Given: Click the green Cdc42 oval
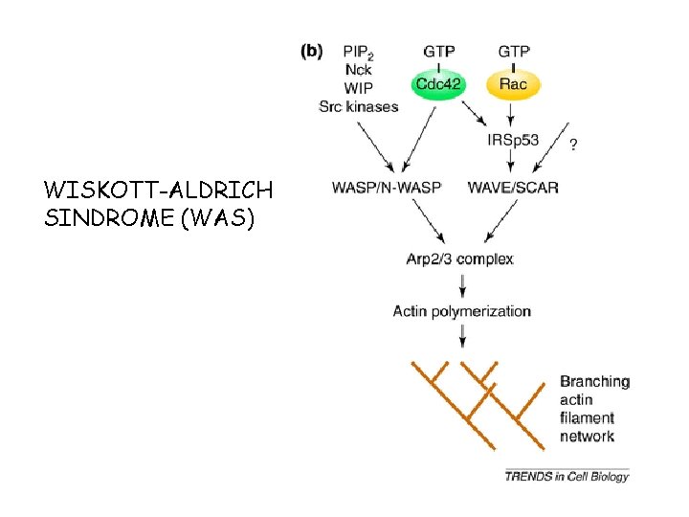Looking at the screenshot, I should (x=439, y=85).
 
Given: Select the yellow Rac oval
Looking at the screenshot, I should (x=513, y=85).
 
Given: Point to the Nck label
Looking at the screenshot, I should (x=359, y=70).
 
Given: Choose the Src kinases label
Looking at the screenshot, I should (x=358, y=106).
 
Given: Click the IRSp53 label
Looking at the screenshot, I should (x=513, y=140).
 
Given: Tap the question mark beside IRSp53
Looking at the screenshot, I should (x=573, y=144).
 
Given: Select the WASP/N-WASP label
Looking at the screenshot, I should (x=387, y=187).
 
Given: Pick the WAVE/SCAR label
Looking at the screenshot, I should (x=513, y=187).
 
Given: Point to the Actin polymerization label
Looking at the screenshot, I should (x=461, y=310).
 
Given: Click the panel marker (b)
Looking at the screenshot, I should (x=312, y=51).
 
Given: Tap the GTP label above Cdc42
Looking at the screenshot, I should (x=438, y=50).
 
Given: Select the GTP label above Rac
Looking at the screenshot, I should (x=514, y=50).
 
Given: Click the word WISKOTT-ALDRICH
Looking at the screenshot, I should (x=158, y=188).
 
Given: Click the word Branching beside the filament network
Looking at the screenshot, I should (x=594, y=381).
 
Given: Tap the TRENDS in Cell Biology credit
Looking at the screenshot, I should (x=567, y=476).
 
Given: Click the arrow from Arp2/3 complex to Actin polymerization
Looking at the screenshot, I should (x=463, y=284).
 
